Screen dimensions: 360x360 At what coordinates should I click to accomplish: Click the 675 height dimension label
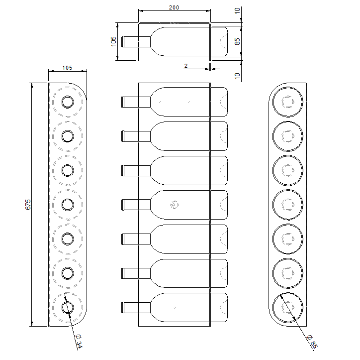pos(28,204)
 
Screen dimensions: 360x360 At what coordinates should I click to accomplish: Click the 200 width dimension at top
pos(174,7)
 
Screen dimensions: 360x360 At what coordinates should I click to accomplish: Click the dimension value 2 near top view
pos(185,65)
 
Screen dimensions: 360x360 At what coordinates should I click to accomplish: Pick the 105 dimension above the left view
pos(67,68)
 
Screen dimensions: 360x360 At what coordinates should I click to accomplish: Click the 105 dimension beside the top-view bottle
pos(113,41)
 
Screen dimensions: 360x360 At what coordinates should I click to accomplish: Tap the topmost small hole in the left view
pos(67,102)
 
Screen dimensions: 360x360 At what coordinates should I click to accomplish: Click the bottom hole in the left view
pos(67,307)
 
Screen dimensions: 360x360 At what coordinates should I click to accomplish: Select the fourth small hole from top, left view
pos(67,205)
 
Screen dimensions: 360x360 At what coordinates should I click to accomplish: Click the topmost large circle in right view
pos(288,102)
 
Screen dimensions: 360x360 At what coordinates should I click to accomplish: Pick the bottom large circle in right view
pos(288,307)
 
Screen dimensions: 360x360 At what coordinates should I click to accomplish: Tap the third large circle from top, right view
pos(288,170)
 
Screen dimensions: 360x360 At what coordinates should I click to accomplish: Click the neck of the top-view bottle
pos(129,41)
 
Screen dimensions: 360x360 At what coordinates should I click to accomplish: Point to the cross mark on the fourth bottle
pos(175,205)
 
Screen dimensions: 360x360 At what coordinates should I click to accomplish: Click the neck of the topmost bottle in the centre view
pos(129,102)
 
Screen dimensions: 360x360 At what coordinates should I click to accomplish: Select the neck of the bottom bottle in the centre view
pos(129,307)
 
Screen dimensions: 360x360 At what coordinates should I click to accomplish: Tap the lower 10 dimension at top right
pos(237,76)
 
